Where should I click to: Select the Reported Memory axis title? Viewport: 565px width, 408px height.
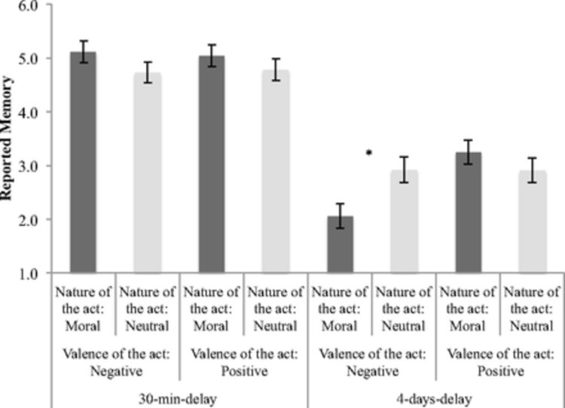tap(11, 139)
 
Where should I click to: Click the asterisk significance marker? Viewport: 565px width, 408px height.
tap(369, 154)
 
